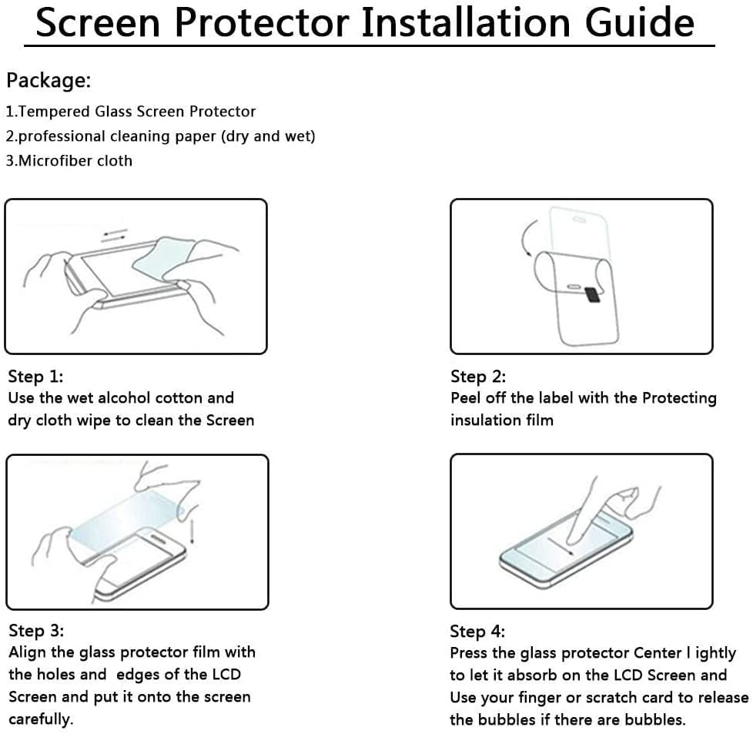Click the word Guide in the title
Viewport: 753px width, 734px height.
click(639, 22)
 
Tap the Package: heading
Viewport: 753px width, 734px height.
click(49, 80)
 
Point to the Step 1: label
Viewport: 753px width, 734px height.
click(35, 377)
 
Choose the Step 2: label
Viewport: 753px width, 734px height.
click(478, 377)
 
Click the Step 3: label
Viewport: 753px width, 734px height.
click(36, 631)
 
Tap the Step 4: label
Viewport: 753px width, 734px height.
click(477, 632)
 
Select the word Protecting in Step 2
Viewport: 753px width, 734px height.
click(679, 398)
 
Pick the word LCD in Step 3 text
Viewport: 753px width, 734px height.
click(225, 674)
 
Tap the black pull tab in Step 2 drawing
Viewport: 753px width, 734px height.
click(592, 295)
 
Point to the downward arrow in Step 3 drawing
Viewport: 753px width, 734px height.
click(192, 531)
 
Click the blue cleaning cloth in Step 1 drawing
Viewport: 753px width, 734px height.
click(163, 259)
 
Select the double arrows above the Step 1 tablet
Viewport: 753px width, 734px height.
click(115, 235)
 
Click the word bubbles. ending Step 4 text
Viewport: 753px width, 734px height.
click(655, 719)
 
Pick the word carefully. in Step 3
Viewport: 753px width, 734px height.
click(41, 719)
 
